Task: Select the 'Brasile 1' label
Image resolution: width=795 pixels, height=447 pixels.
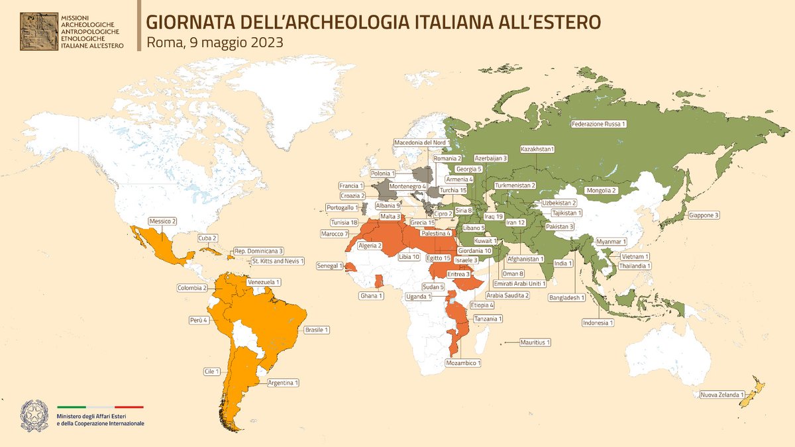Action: coord(317,329)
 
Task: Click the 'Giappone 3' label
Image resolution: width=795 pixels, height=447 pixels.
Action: coord(704,215)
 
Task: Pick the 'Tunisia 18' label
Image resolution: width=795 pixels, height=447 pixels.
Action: coord(344,223)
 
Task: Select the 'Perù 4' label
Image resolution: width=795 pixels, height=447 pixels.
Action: coord(197,320)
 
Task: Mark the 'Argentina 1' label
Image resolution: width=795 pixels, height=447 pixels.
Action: coord(283,382)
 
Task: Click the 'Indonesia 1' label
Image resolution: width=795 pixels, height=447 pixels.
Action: coord(598,323)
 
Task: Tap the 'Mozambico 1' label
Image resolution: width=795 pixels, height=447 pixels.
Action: coord(463,362)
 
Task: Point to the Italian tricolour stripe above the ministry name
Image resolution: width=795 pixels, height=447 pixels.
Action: coord(100,407)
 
